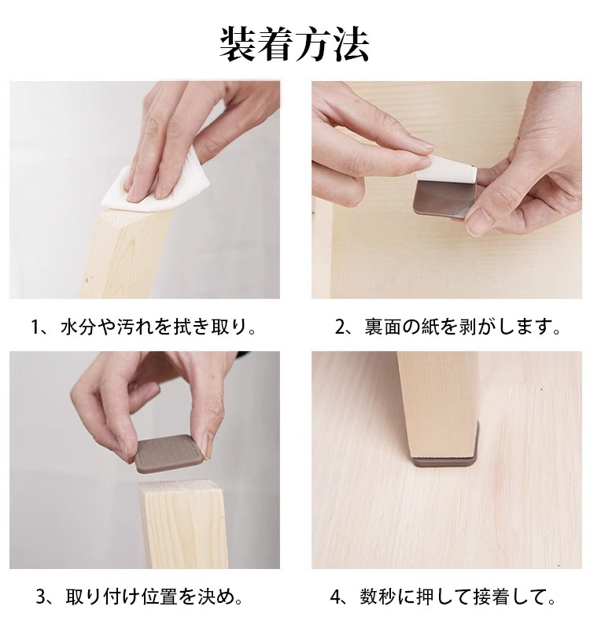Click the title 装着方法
coord(294,45)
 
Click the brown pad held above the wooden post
coord(168,454)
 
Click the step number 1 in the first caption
coord(36,327)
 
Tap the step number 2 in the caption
coord(341,327)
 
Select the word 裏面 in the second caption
coord(382,327)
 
